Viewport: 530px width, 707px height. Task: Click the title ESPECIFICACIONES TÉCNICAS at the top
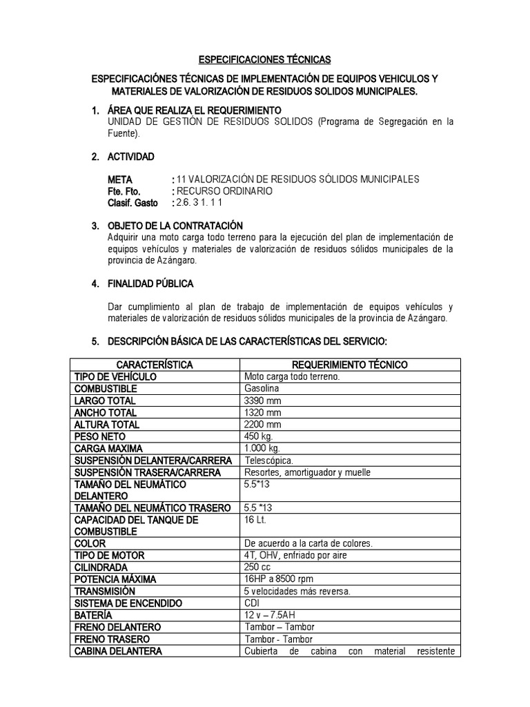click(264, 59)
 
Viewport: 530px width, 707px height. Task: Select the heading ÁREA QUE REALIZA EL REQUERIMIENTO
click(195, 110)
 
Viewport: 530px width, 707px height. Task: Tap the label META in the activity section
click(120, 180)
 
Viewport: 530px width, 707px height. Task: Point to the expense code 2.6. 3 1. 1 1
click(200, 203)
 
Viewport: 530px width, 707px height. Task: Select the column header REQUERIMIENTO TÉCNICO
click(350, 364)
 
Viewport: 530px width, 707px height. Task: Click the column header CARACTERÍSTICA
click(155, 364)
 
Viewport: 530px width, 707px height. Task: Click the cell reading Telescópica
click(269, 460)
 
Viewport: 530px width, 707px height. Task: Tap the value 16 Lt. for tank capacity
click(255, 519)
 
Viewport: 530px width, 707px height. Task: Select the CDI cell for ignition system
click(253, 603)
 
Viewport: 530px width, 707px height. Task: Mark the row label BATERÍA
click(93, 614)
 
